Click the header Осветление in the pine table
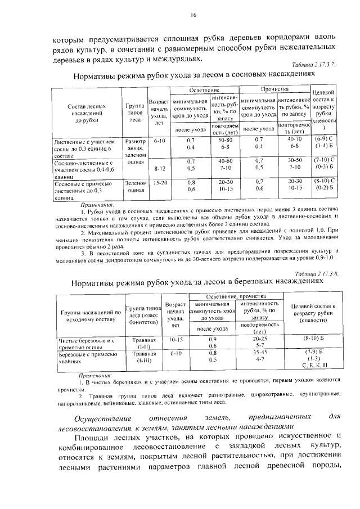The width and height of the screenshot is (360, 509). click(204, 90)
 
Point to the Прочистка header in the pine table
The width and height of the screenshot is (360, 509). click(274, 90)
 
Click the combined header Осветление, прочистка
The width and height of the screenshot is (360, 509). click(236, 296)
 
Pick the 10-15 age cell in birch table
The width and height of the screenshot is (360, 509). click(175, 339)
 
